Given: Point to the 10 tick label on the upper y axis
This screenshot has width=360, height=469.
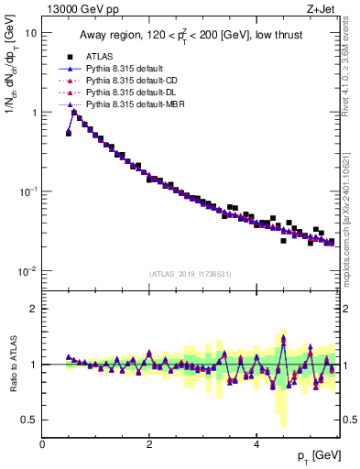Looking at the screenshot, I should tap(30, 33).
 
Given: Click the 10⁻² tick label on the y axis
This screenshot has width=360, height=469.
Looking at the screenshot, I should tap(27, 271).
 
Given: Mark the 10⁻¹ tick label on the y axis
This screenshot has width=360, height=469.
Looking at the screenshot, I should tap(27, 191).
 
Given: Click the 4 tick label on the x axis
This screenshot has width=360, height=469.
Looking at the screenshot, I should tap(256, 443).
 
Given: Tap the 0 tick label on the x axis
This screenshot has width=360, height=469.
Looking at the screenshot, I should tap(42, 443).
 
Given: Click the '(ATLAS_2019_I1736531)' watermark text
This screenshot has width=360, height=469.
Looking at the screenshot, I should tap(191, 274).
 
